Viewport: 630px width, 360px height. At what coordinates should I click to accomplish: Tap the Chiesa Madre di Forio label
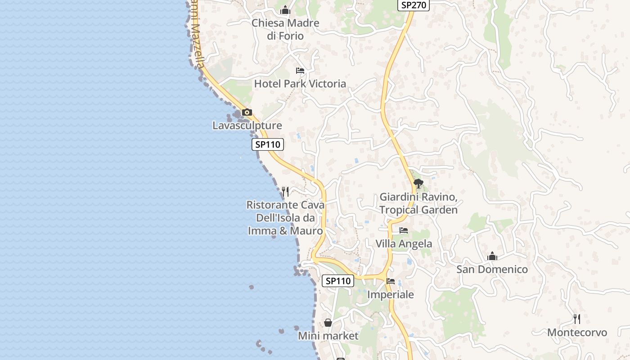click(x=285, y=29)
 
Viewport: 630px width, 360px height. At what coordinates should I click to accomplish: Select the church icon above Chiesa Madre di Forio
click(x=285, y=10)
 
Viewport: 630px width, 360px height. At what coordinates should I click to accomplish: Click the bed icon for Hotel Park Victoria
click(x=300, y=71)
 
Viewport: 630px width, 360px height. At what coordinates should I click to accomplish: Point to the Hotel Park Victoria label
click(x=300, y=84)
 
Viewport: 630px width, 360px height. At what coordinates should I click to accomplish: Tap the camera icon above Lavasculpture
click(x=247, y=112)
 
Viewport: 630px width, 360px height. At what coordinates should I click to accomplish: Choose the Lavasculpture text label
click(x=247, y=126)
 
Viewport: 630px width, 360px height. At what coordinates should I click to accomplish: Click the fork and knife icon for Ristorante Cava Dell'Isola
click(x=285, y=192)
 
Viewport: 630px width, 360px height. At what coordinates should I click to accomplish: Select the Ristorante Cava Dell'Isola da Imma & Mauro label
click(x=285, y=218)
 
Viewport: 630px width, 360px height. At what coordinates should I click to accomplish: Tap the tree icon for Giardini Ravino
click(x=418, y=184)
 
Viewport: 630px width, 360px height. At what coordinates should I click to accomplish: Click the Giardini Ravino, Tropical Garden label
click(x=418, y=203)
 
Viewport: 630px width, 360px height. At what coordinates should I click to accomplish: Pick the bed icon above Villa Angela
click(x=404, y=230)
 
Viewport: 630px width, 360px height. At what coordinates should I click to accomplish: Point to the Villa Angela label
click(x=404, y=244)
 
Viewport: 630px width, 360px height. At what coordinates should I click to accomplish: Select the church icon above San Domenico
click(x=492, y=256)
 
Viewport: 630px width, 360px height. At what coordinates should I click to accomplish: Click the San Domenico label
click(x=492, y=270)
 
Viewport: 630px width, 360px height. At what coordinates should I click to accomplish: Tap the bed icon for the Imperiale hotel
click(x=391, y=281)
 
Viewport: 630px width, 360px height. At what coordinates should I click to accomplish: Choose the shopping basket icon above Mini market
click(x=328, y=323)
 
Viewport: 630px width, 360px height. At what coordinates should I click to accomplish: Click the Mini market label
click(x=328, y=336)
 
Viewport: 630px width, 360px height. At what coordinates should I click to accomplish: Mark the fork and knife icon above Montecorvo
click(x=577, y=319)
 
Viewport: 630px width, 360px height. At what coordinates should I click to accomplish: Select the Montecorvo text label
click(x=577, y=333)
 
